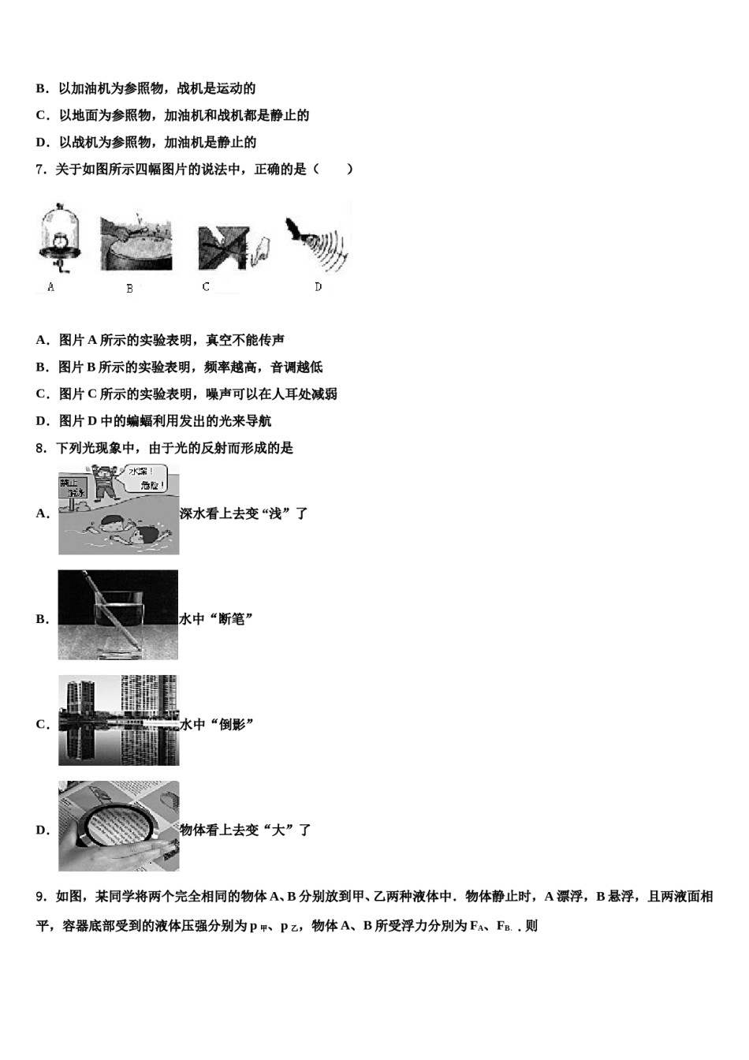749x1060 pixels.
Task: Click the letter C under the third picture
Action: pyautogui.click(x=206, y=287)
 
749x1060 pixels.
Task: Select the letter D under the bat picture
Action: pyautogui.click(x=319, y=287)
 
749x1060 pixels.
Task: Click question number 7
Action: pyautogui.click(x=41, y=169)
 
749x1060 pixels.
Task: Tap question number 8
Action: pyautogui.click(x=41, y=448)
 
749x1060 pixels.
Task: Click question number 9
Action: pyautogui.click(x=41, y=897)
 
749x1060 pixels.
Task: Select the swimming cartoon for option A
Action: pyautogui.click(x=118, y=509)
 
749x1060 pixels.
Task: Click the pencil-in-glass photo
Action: pyautogui.click(x=118, y=614)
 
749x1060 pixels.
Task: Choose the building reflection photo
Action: pyautogui.click(x=118, y=720)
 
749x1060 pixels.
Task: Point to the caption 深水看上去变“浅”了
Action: pyautogui.click(x=244, y=513)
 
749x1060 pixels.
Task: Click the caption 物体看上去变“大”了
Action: pyautogui.click(x=245, y=830)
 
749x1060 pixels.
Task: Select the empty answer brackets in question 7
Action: pyautogui.click(x=333, y=169)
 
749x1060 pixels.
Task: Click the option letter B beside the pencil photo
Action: pyautogui.click(x=42, y=619)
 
